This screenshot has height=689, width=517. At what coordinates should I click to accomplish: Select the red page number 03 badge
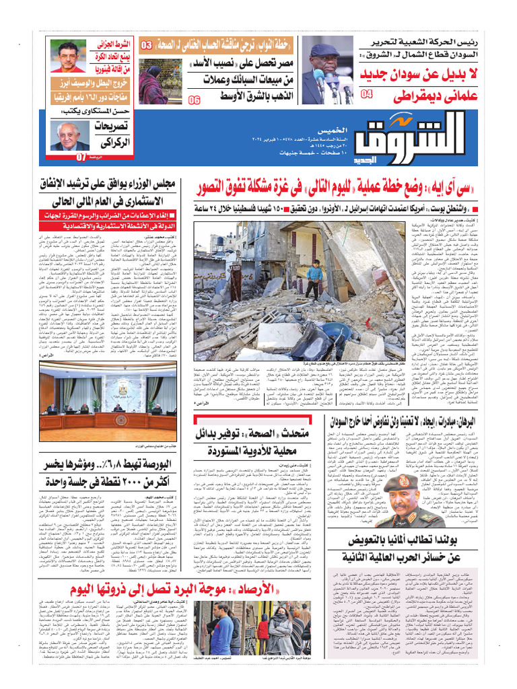(x=146, y=46)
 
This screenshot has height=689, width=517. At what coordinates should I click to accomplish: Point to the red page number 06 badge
(x=194, y=100)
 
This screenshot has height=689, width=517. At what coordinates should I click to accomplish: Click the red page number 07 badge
(x=81, y=157)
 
